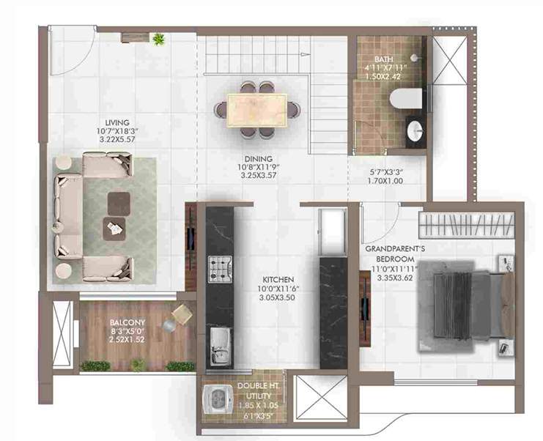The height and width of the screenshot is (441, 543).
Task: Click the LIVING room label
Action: pos(117,122)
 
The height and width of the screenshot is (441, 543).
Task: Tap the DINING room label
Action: pos(259,158)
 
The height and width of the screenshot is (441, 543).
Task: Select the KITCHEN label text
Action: pos(278,280)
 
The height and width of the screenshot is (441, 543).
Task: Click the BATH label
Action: pos(384,59)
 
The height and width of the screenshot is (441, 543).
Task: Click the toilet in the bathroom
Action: pos(404,98)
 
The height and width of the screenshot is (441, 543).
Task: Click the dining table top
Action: pos(256,109)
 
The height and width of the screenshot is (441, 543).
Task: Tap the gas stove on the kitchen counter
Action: pos(219,269)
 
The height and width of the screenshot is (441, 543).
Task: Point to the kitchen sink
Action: pos(218,345)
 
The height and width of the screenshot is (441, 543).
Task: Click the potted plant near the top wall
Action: pos(158,38)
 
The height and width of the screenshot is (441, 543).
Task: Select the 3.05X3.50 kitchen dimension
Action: pos(278,300)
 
